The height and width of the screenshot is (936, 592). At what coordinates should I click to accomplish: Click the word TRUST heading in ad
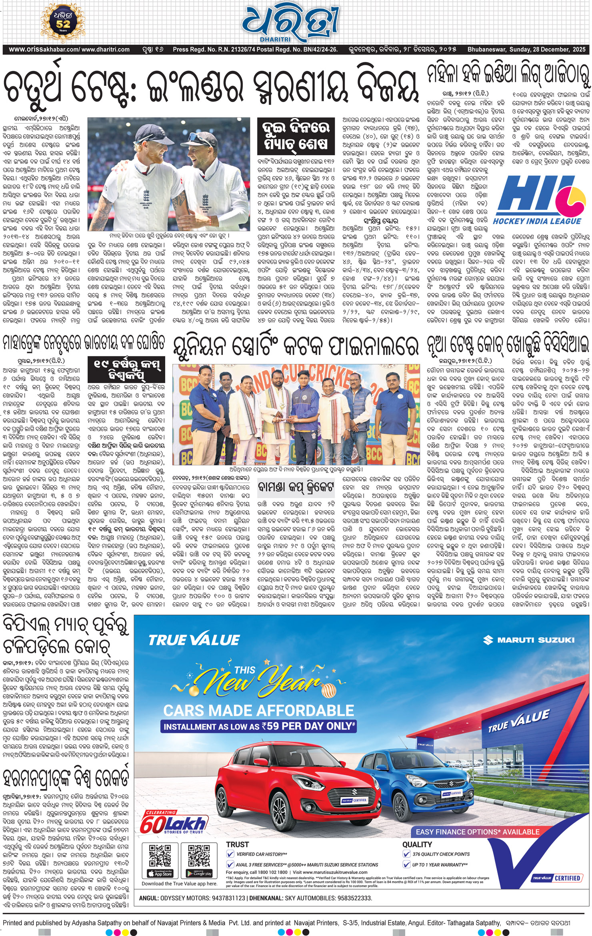tap(237, 844)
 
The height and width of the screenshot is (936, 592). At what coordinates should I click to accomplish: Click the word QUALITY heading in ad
tap(417, 844)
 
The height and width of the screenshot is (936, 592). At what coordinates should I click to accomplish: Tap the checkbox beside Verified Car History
tap(230, 854)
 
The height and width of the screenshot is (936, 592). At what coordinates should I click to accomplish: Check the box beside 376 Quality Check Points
tap(406, 854)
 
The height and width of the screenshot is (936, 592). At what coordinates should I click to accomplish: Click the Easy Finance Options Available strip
tap(477, 832)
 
